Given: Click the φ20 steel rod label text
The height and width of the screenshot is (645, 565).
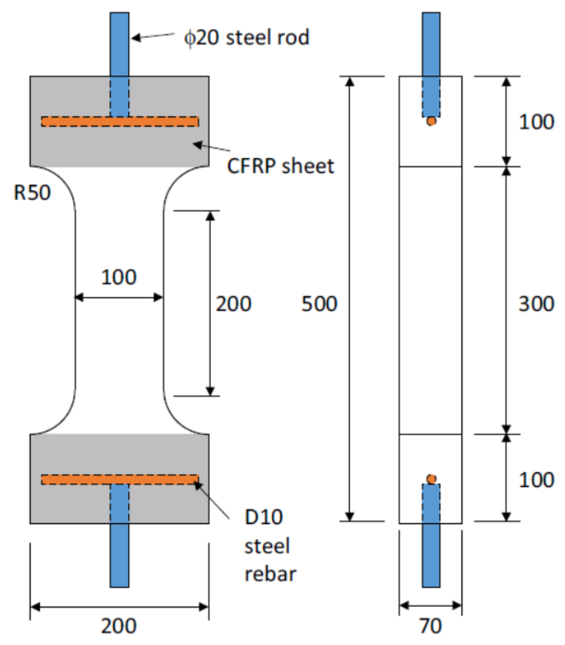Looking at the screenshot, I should pos(246,38).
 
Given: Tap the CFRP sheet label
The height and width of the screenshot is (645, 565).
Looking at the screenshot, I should pos(280,166).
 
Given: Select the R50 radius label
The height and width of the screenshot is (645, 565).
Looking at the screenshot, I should pos(32,193).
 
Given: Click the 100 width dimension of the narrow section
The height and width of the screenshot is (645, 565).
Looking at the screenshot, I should pos(119,277).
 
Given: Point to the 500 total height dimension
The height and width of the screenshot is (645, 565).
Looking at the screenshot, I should pos(319,304).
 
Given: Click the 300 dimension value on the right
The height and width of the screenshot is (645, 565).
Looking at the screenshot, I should pos(536,304).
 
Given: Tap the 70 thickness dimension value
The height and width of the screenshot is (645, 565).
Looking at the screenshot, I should pos(430,626).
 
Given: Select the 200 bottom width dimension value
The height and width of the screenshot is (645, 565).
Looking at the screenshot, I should pos(119,626).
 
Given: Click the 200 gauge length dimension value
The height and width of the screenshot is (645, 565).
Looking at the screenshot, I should pos(233,304).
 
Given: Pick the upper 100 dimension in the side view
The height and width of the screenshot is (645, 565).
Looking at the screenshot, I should pos(536,122).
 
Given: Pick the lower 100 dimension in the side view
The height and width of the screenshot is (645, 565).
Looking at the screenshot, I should pos(536,480).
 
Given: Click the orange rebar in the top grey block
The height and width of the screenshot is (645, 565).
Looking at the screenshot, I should pos(120,122).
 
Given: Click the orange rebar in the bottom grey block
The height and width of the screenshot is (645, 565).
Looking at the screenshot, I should pos(120,480).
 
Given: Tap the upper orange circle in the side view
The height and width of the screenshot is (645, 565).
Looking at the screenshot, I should pos(431,121).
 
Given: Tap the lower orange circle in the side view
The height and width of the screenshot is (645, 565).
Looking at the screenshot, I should pos(431,479).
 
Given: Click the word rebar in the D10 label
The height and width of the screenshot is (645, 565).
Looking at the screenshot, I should pos(270,574).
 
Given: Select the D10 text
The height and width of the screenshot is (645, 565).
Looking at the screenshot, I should pos(264,517).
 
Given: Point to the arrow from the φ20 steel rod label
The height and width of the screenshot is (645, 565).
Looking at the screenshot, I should pos(153,36).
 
